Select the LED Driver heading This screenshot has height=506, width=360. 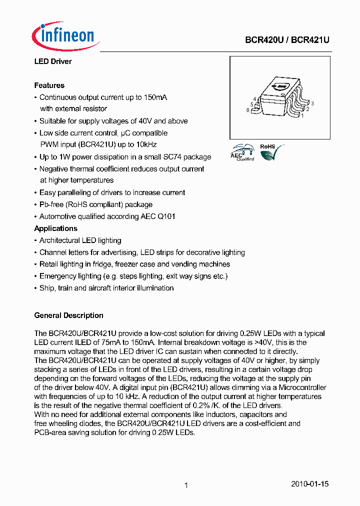pos(52,61)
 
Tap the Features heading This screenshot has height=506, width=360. pos(49,85)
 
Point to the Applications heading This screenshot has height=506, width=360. pos(55,228)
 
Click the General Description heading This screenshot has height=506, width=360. pos(68,315)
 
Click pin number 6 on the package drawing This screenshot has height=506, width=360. pos(247,110)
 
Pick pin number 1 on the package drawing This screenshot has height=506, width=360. pos(302,115)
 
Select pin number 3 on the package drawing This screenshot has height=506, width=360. pos(312,103)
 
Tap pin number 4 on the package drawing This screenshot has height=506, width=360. pos(254,99)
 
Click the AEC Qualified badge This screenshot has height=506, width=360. pos(242,152)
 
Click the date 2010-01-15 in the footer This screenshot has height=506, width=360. pos(309,484)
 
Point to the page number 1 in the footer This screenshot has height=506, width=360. pos(186,485)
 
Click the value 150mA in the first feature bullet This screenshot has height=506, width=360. pos(155,97)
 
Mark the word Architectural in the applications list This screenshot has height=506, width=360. pos(59,240)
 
